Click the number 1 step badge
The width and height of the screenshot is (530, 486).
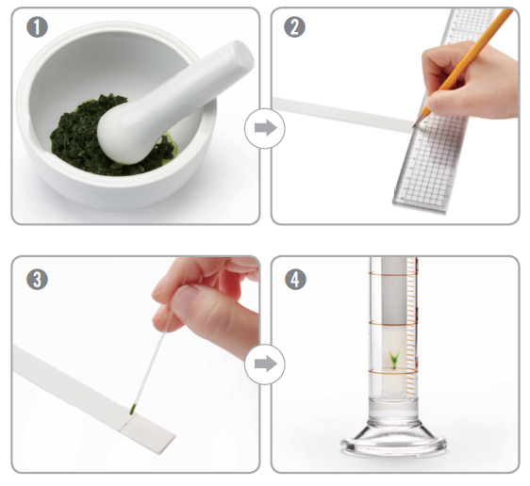click(37, 27)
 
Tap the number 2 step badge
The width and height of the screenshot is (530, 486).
click(295, 27)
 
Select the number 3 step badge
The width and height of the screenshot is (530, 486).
click(37, 280)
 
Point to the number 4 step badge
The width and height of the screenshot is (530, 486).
click(295, 280)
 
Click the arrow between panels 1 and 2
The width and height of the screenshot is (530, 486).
click(265, 128)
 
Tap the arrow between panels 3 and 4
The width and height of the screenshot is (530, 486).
click(265, 364)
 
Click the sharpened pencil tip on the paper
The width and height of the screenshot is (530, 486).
click(413, 126)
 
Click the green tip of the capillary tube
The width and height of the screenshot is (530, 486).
click(132, 410)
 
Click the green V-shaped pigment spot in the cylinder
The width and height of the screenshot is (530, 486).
click(394, 359)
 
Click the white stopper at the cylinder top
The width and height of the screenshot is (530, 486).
click(394, 290)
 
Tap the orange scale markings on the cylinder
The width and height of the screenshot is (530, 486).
click(411, 326)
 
